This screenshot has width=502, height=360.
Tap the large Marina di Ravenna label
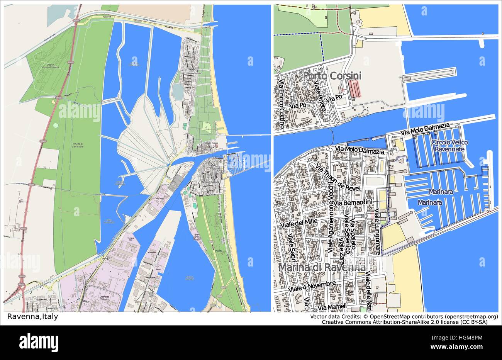(x=322, y=267)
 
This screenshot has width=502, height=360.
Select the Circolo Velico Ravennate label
(x=450, y=146)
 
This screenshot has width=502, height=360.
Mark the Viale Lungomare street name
(x=378, y=232)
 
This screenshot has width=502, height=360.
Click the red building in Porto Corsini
(x=354, y=89)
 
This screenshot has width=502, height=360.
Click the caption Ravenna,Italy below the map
(x=33, y=317)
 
